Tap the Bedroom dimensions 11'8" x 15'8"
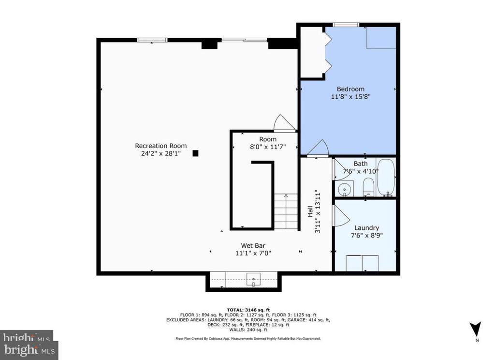point(350,97)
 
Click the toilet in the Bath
point(368,187)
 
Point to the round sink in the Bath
point(344,188)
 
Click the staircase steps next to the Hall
point(286,211)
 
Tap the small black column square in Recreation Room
point(195,153)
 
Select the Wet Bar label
point(253,245)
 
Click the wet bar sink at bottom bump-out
point(253,279)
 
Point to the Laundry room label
point(366,228)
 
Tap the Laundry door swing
point(340,215)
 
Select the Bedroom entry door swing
point(318,148)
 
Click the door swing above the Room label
point(284,123)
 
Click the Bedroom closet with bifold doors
point(312,53)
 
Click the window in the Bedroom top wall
point(346,25)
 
